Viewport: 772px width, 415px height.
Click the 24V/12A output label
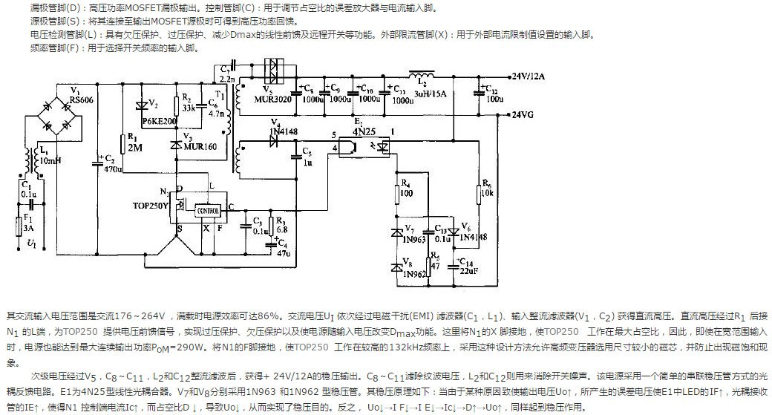coord(529,76)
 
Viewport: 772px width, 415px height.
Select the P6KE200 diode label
coord(159,120)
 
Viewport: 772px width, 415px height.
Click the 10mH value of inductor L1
coord(50,160)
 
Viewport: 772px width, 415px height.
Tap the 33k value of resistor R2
coord(189,108)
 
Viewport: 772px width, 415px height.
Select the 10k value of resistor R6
coord(487,193)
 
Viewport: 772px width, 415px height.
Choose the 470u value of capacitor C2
coord(114,169)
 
